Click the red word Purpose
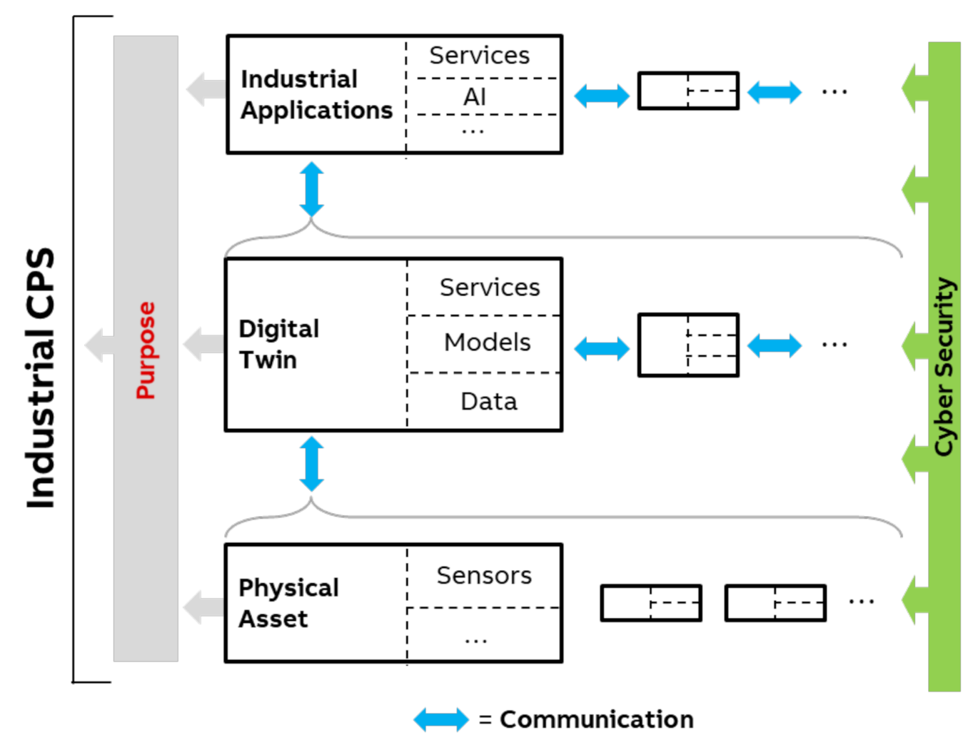coord(146,350)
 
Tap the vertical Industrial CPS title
coord(41,378)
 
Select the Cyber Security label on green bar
coord(944,366)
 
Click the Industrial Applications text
coord(316,94)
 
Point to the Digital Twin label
coord(278,344)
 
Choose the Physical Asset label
coord(288,603)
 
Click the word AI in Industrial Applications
coord(475,96)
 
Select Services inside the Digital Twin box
coord(490,287)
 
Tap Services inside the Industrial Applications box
coord(479,55)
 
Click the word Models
coord(488,343)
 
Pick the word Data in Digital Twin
coord(489,402)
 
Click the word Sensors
coord(484,575)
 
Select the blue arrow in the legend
coord(441,719)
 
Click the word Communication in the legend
coord(597,719)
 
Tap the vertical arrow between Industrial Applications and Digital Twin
coord(311,189)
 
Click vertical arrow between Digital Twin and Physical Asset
coord(311,464)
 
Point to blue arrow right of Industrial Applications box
coord(602,96)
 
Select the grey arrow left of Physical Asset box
coord(203,607)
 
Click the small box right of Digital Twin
coord(688,345)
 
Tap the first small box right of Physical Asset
coord(651,603)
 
